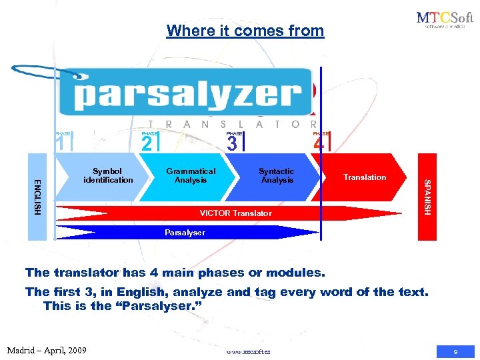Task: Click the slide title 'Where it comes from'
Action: [245, 31]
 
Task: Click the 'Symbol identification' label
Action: [108, 176]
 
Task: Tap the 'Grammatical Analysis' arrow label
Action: [191, 176]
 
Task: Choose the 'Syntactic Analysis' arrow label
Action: [277, 176]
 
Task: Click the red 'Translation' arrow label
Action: [365, 177]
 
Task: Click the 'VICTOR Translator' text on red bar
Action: [236, 213]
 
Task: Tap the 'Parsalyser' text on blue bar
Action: [185, 233]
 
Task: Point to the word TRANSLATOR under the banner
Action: [231, 124]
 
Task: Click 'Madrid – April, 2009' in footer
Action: [46, 349]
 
